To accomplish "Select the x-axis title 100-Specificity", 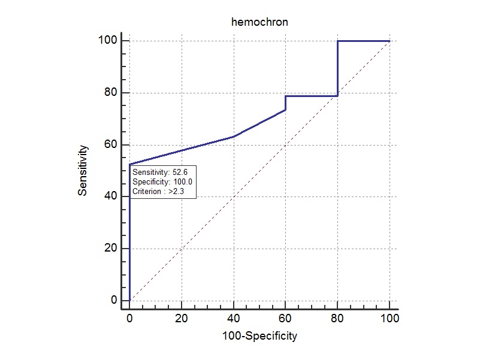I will [x=259, y=335].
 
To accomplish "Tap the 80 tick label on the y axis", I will [x=110, y=93].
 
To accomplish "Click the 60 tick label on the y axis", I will [x=110, y=145].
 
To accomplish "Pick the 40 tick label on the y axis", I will [x=110, y=196].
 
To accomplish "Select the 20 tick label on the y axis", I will [x=110, y=249].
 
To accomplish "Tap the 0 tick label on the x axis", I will [x=129, y=318].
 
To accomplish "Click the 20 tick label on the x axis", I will [x=182, y=318].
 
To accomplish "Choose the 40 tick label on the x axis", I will [x=234, y=318].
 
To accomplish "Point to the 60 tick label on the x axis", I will [x=285, y=318].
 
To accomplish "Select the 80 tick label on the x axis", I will [x=337, y=318].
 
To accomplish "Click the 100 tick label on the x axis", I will [x=390, y=318].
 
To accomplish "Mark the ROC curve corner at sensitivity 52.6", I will [x=129, y=164].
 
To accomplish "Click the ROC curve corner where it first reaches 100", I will [x=337, y=41].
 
